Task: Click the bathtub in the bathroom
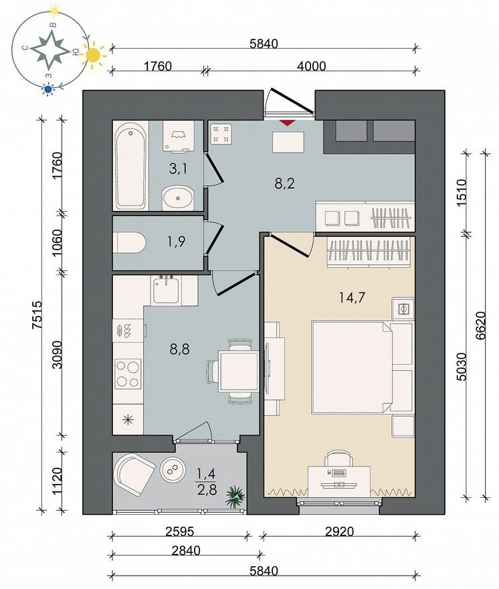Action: (x=130, y=165)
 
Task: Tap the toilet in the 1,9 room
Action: (x=129, y=242)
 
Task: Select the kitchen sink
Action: (x=166, y=290)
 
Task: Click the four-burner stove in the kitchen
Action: (x=128, y=373)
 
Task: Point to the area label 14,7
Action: (x=352, y=298)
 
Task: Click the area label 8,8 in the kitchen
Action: (x=179, y=349)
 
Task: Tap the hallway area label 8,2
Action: (x=284, y=183)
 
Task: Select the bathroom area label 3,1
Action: (x=179, y=169)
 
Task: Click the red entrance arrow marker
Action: (x=287, y=123)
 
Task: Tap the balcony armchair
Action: (x=134, y=472)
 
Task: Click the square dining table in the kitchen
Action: (x=239, y=371)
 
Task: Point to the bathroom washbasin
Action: (x=179, y=197)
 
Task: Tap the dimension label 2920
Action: (x=339, y=531)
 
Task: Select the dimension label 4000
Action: (x=311, y=66)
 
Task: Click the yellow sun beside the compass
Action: (x=93, y=56)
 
